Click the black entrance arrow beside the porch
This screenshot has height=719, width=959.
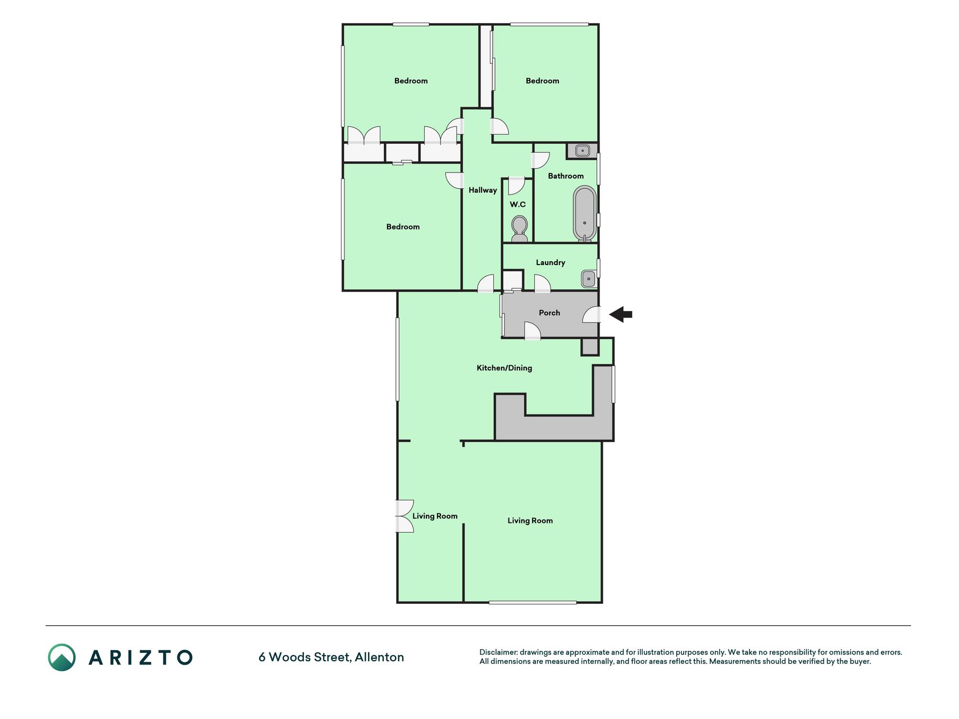[x=620, y=315]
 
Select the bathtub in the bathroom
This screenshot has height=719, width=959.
[x=585, y=214]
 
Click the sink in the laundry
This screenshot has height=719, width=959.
[x=588, y=279]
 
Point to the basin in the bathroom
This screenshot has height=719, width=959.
[x=582, y=151]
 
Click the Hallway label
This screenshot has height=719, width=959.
[x=483, y=190]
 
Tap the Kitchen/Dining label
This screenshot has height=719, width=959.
[x=504, y=368]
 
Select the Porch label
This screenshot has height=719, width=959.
[x=549, y=313]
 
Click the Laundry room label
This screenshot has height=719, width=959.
[x=551, y=262]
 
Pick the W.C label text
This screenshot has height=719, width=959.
[x=517, y=204]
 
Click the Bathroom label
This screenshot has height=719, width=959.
[x=566, y=176]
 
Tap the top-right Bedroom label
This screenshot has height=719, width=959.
[x=542, y=81]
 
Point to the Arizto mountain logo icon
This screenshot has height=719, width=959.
[x=62, y=657]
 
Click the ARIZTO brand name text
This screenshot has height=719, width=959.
[x=140, y=657]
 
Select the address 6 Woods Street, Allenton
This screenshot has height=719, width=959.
[x=331, y=657]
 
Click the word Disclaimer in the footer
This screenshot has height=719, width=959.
[x=498, y=652]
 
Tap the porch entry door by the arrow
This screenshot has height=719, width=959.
[x=592, y=315]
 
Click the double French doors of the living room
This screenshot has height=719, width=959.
[x=404, y=516]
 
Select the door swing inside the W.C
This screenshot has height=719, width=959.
[x=516, y=186]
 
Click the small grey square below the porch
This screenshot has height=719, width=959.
[x=590, y=347]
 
